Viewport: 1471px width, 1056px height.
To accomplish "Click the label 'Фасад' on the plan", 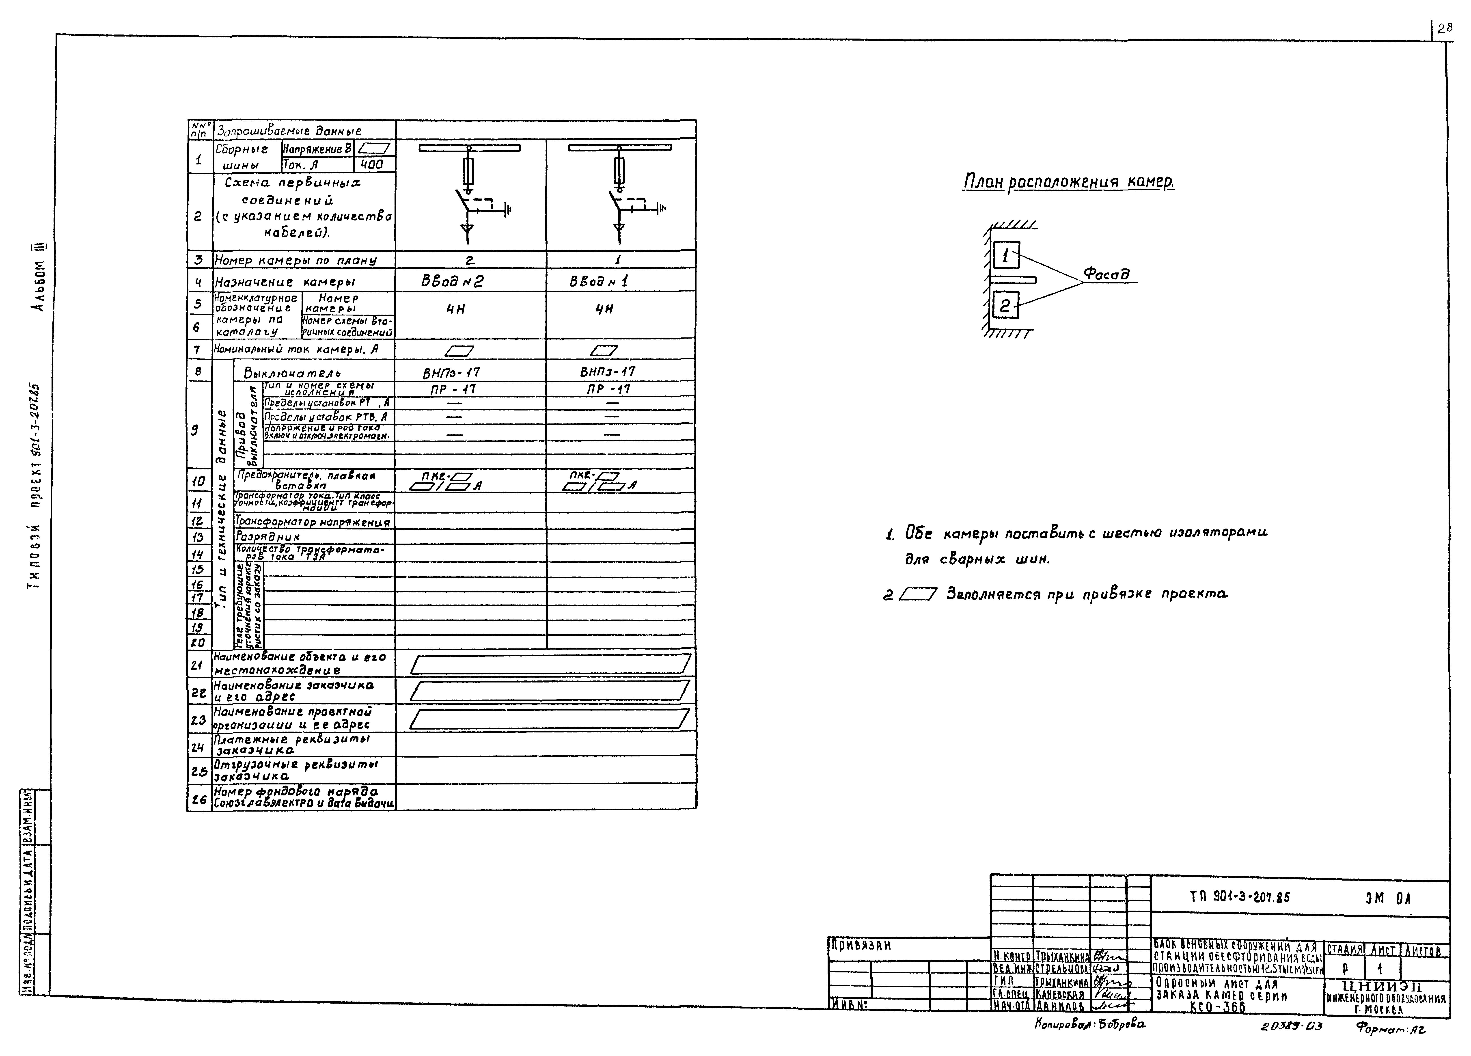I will click(x=1106, y=274).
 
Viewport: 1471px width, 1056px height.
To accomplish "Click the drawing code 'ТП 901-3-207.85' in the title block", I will click(x=1239, y=898).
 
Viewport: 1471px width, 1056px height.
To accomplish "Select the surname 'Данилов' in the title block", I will click(x=1060, y=1006).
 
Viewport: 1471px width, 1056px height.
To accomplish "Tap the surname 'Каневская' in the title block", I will click(x=1060, y=994).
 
